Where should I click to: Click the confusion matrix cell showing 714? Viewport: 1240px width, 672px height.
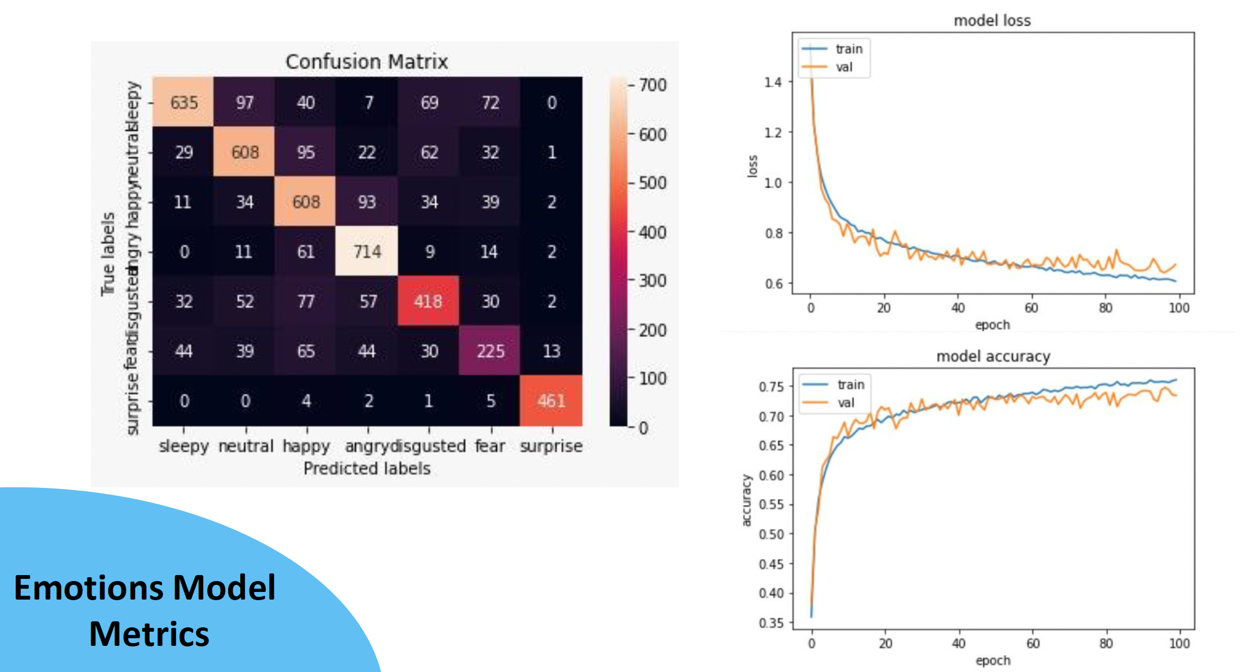click(367, 251)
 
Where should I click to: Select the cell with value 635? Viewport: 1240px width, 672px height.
click(184, 102)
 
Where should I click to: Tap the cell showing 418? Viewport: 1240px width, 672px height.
click(428, 301)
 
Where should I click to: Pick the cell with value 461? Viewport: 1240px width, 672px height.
click(551, 401)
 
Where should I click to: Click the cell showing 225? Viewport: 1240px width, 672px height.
click(490, 351)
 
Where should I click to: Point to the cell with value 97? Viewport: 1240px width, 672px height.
click(245, 102)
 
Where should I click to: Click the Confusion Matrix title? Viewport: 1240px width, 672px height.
click(367, 62)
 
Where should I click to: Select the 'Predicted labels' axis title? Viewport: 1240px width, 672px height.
click(367, 468)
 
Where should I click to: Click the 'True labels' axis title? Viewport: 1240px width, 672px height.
click(108, 254)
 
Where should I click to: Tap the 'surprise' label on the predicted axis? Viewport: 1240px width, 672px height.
click(551, 446)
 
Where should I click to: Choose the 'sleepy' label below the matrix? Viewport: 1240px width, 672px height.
click(184, 446)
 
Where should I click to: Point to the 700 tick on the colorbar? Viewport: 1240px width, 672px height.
click(652, 85)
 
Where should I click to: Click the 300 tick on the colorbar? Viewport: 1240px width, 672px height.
click(652, 281)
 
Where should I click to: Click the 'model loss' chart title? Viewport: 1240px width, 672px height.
click(992, 21)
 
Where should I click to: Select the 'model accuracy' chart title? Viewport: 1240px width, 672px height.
click(993, 356)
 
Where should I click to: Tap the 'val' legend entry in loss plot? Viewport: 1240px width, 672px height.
click(844, 67)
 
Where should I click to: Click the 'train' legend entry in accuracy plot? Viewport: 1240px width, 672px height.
click(850, 384)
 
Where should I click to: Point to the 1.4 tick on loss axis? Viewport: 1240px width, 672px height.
click(773, 82)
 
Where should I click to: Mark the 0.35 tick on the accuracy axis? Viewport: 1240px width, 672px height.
click(771, 622)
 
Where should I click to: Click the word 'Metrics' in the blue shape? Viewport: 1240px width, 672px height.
click(149, 634)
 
